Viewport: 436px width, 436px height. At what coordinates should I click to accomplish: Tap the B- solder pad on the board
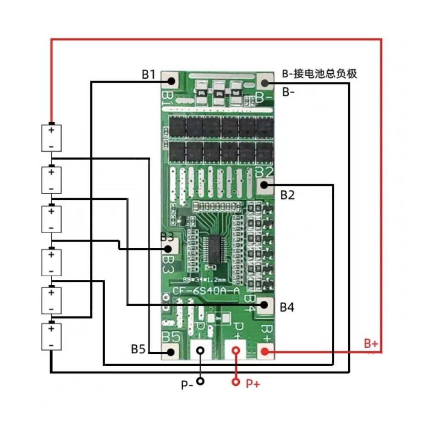click(x=264, y=83)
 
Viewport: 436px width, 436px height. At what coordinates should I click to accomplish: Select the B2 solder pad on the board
click(x=264, y=185)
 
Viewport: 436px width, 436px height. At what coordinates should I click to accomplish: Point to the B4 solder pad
click(x=264, y=304)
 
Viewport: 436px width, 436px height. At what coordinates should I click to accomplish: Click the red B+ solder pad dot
click(x=264, y=351)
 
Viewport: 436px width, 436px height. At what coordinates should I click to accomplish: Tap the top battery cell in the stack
click(x=51, y=138)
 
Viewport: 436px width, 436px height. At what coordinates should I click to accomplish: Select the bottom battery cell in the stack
click(x=51, y=336)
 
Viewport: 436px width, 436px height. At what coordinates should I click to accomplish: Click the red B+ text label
click(x=371, y=344)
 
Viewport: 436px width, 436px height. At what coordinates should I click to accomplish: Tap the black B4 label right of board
click(x=287, y=307)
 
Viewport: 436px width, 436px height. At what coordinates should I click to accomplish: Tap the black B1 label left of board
click(x=149, y=75)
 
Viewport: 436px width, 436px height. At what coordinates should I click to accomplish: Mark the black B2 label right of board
click(x=287, y=195)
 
